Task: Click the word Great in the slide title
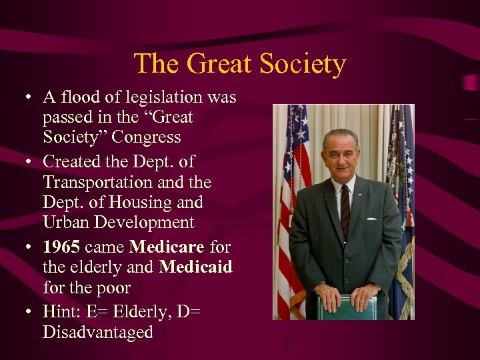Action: tap(219, 64)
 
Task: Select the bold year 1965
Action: tap(61, 247)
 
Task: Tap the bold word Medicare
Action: tap(167, 247)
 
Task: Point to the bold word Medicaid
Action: tap(195, 267)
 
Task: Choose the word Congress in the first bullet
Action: tap(147, 137)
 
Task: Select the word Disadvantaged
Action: tap(97, 331)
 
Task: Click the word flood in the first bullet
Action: tap(80, 97)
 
